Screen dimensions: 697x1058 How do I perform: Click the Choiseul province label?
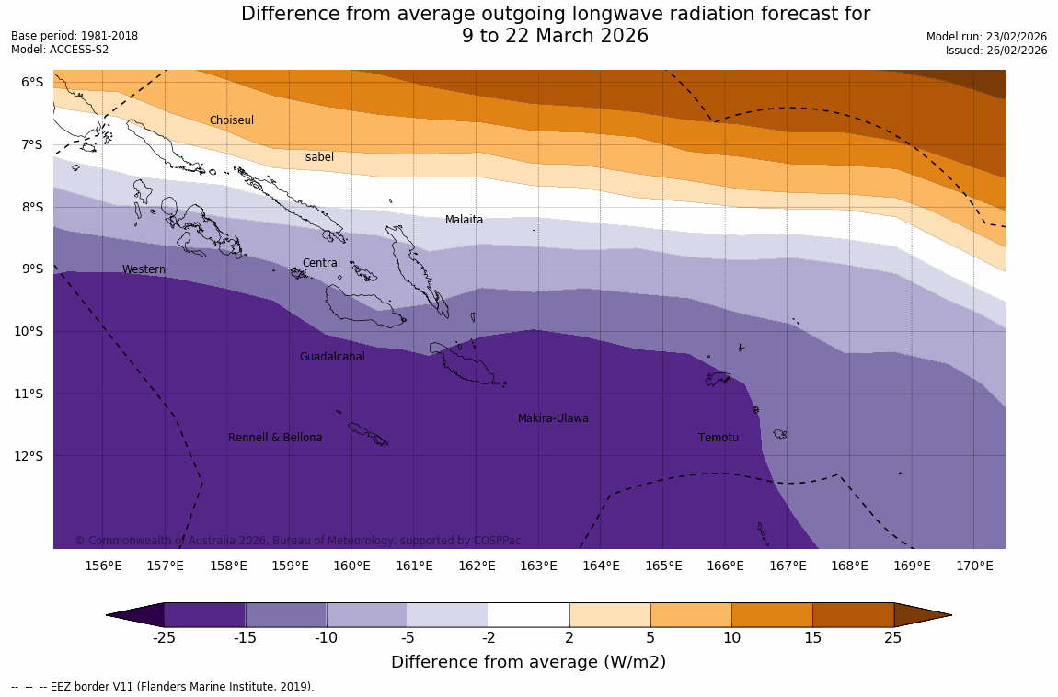[231, 120]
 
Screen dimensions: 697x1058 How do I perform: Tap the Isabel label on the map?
[318, 157]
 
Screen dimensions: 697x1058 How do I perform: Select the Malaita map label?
[464, 220]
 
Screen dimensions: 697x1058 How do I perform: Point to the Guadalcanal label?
[332, 357]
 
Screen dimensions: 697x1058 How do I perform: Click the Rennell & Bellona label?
[275, 438]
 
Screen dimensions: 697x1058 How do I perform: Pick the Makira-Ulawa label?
[553, 418]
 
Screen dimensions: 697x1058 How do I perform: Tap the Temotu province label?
[718, 438]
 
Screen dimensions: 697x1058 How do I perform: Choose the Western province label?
[144, 269]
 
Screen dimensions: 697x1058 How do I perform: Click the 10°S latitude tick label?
[29, 331]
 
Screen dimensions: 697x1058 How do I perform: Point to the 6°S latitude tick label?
[32, 82]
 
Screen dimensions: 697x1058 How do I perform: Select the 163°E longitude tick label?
[538, 566]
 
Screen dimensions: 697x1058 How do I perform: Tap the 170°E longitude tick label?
[974, 566]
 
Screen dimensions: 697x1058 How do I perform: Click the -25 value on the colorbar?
[165, 638]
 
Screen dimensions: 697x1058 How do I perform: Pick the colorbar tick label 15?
[812, 638]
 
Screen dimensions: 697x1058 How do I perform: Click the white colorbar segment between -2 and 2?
[529, 614]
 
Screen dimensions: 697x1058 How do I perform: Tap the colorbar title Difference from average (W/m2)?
[528, 662]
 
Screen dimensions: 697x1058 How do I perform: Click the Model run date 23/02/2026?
[1015, 36]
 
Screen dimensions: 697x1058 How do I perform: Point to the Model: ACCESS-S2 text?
[60, 50]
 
